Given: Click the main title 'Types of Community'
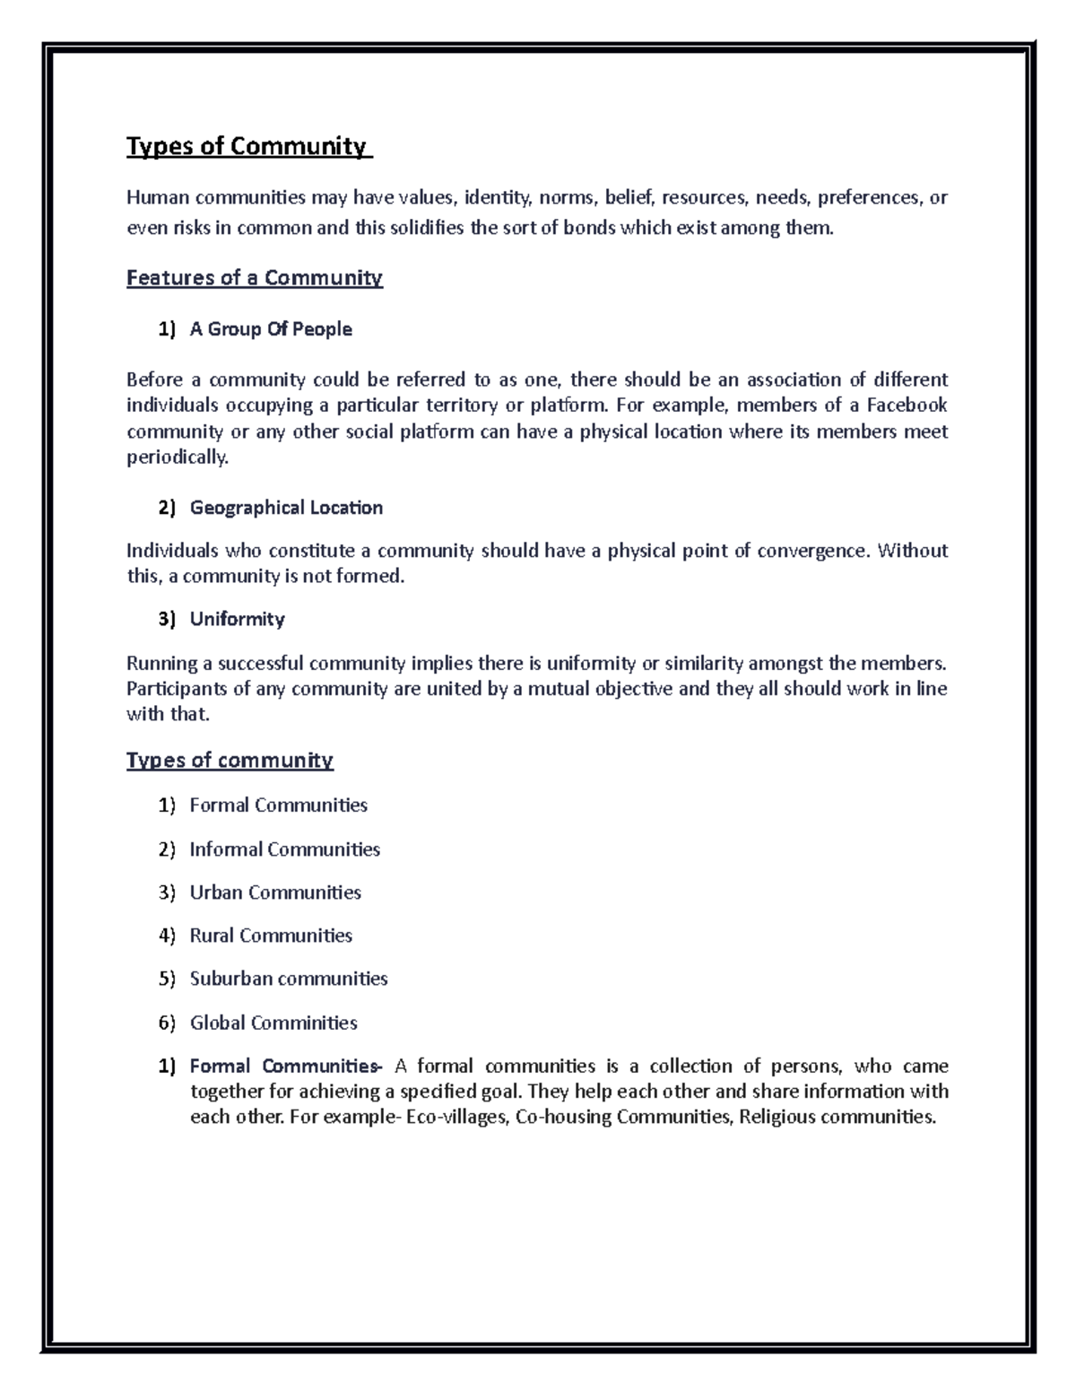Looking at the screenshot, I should click(x=247, y=146).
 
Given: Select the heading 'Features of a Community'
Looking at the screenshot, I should click(x=255, y=278).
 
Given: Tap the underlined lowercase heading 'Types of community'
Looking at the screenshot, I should click(x=230, y=761).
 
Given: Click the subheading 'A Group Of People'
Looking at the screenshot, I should click(x=271, y=329).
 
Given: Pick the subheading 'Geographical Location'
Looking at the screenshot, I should click(x=286, y=508).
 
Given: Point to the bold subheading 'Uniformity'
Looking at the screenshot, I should click(x=237, y=619).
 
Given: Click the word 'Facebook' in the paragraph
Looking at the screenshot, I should click(x=907, y=405).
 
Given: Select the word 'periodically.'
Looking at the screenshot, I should click(x=178, y=457).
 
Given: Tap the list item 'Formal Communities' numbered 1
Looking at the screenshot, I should click(x=278, y=805).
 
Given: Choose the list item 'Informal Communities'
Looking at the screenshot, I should click(x=284, y=849).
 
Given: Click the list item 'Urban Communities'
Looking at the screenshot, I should click(x=275, y=892).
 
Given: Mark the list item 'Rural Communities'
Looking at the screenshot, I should click(x=271, y=936).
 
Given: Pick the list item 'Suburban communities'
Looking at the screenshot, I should click(x=289, y=979).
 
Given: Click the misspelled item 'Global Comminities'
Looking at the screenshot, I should click(x=273, y=1023).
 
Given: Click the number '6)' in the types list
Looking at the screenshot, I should click(x=167, y=1023).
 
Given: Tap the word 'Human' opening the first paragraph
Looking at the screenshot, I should click(x=158, y=197).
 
